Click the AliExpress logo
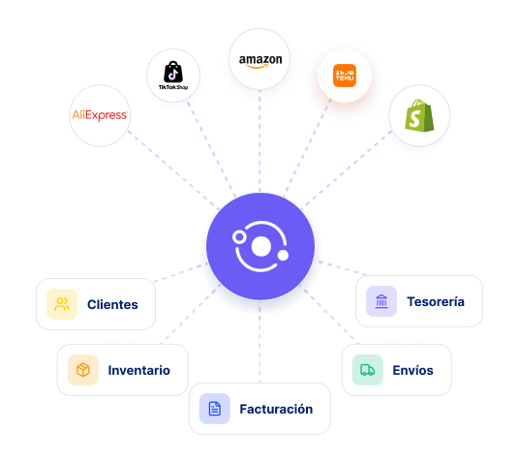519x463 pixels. click(100, 115)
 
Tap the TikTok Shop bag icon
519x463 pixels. click(173, 72)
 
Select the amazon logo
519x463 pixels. click(260, 61)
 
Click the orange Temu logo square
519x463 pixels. click(345, 76)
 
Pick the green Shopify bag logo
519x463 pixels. click(419, 115)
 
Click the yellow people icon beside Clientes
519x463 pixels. click(62, 304)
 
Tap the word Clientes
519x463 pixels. click(112, 304)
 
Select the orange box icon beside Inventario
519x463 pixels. click(82, 370)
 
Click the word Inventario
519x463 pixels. click(139, 370)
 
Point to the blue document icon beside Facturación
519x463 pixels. click(215, 409)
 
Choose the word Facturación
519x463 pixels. click(276, 409)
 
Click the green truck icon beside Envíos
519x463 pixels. click(367, 370)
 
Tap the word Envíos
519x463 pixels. click(412, 370)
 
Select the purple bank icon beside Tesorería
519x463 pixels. click(382, 301)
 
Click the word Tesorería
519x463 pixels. click(436, 301)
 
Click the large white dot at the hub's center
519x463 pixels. click(261, 246)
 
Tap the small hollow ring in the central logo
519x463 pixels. click(239, 237)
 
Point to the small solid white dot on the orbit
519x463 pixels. click(283, 255)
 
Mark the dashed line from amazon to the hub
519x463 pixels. click(259, 140)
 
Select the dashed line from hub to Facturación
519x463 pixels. click(259, 342)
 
